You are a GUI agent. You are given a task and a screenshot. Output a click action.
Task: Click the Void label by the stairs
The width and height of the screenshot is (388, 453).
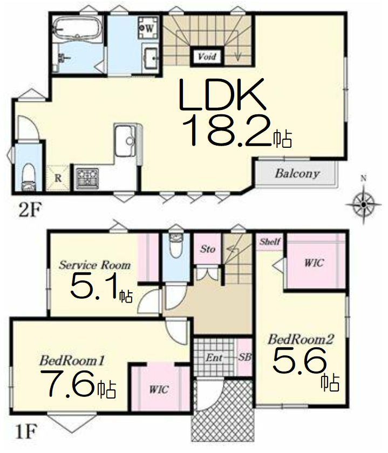click(x=207, y=56)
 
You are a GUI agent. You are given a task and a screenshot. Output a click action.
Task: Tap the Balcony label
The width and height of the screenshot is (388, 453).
click(x=297, y=173)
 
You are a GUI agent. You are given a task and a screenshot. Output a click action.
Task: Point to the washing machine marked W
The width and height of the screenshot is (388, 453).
click(x=148, y=28)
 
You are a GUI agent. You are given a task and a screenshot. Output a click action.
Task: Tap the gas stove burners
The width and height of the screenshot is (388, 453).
click(x=87, y=177)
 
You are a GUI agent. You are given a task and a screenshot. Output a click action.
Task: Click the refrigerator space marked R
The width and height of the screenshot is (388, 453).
click(x=58, y=178)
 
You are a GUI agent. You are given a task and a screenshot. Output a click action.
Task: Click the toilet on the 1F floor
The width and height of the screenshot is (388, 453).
click(x=176, y=245)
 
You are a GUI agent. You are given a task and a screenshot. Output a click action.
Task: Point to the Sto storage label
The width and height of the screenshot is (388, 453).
click(x=207, y=249)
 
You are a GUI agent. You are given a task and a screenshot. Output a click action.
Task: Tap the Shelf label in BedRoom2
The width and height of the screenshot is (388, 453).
click(x=270, y=241)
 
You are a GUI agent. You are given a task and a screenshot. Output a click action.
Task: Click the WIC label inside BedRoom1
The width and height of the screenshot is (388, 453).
click(x=159, y=389)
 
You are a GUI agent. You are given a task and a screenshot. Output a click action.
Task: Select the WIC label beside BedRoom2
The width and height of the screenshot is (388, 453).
click(x=314, y=263)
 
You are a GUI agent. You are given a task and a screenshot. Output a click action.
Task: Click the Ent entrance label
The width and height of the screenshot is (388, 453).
click(x=214, y=358)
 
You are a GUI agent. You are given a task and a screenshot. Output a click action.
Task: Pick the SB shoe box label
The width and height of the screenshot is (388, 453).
click(x=244, y=358)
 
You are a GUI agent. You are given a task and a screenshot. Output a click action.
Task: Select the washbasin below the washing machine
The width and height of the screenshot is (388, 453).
click(x=151, y=58)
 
